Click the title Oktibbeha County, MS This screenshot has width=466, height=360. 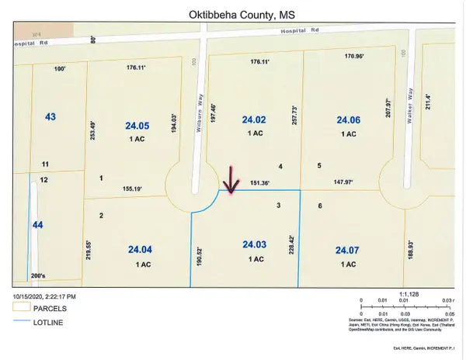point(232,13)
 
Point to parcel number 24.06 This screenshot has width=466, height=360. point(348,120)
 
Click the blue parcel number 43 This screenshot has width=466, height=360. point(50,116)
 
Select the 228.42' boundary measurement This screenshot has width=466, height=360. point(292,232)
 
